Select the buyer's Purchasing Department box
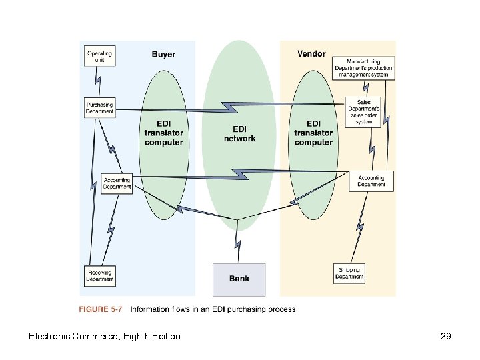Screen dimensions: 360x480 click(99, 108)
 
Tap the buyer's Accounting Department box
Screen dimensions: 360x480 click(117, 183)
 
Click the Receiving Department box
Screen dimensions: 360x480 click(99, 275)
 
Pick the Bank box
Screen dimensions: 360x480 click(239, 279)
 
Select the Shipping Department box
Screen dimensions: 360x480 click(349, 273)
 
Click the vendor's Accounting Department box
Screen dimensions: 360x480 click(371, 181)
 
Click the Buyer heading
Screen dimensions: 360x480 click(163, 54)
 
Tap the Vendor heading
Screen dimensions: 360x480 click(311, 53)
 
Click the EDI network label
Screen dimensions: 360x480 click(239, 133)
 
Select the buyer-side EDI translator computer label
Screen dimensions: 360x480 click(163, 133)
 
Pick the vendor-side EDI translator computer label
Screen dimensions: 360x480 click(313, 133)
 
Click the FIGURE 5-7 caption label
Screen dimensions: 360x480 click(101, 309)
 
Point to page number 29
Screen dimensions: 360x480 click(446, 336)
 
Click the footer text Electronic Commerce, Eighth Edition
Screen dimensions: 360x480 click(104, 336)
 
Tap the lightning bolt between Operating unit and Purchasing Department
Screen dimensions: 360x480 click(97, 82)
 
